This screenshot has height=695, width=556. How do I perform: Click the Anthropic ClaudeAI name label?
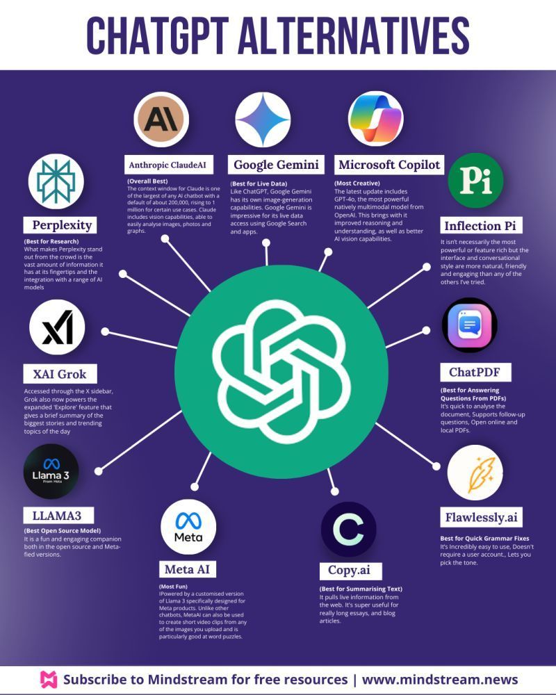[170, 165]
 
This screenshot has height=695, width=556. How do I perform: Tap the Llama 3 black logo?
[51, 472]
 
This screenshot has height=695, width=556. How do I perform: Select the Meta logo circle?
[188, 526]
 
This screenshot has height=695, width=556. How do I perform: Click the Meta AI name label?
[187, 570]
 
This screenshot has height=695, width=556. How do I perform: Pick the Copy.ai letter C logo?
[348, 530]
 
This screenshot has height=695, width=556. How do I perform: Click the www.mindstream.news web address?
[440, 679]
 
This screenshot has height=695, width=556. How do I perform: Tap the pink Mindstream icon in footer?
[48, 679]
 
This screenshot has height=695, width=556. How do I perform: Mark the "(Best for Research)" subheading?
[50, 241]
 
